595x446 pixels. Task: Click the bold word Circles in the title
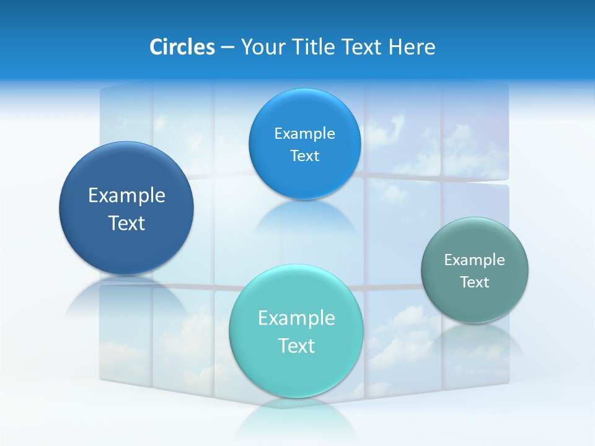tap(182, 47)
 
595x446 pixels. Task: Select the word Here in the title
tap(412, 47)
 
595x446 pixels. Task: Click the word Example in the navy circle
tap(126, 196)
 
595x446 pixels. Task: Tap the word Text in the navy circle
tap(126, 223)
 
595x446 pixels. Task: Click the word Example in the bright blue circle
tap(304, 134)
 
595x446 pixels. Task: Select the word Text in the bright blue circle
tap(304, 156)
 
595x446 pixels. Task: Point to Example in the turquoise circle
tap(296, 318)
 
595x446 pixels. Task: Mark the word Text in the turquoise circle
tap(296, 346)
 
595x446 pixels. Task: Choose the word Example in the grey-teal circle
tap(475, 260)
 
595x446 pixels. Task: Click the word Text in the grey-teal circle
tap(475, 282)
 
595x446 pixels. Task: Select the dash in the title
tap(227, 47)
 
